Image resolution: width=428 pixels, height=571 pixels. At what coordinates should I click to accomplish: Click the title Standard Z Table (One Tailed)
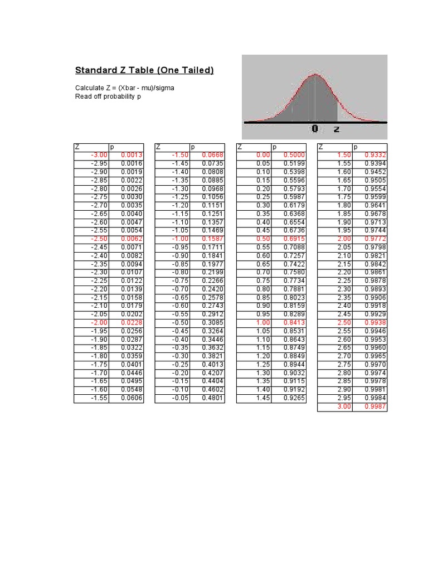click(x=144, y=71)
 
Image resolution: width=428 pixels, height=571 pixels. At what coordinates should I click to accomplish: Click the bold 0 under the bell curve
click(x=315, y=129)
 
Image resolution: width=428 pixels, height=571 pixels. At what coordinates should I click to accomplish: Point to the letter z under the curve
click(x=337, y=129)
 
